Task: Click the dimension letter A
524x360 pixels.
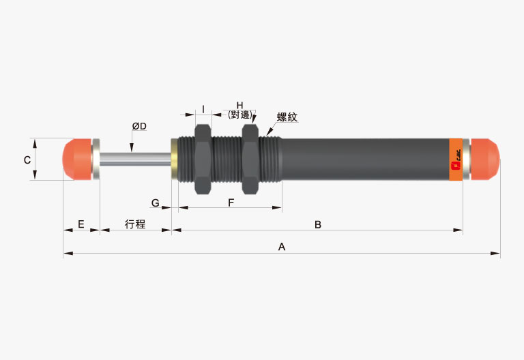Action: (x=282, y=247)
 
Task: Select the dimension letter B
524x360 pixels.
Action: (x=318, y=225)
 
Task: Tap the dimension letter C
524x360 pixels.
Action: (x=27, y=160)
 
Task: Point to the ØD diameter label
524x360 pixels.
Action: (x=139, y=126)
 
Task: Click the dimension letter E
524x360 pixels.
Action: (x=81, y=224)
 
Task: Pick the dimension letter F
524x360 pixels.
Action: (x=231, y=202)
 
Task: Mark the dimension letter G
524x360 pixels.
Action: (x=156, y=202)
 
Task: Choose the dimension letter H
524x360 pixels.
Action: (x=239, y=106)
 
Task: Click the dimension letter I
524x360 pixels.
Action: (x=203, y=109)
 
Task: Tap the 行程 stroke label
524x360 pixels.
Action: (x=135, y=224)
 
